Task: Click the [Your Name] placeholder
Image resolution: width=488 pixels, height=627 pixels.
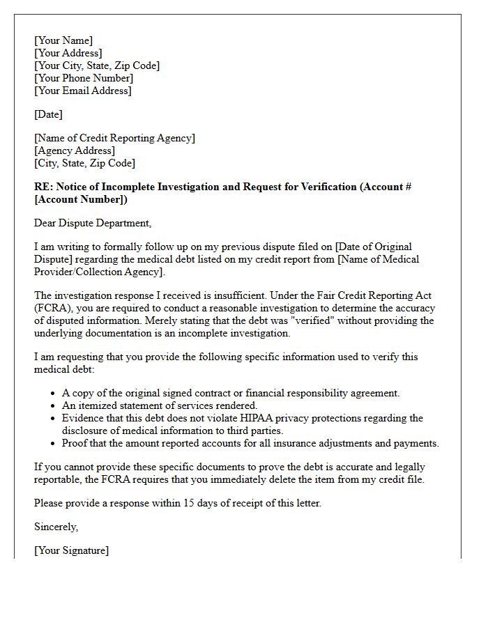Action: (63, 40)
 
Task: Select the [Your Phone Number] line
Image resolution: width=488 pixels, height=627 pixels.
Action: (84, 78)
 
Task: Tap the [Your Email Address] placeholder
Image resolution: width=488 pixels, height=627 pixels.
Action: (82, 91)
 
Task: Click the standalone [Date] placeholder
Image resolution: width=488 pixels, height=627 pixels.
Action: (48, 114)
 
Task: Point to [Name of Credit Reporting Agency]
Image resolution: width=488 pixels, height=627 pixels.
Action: (114, 138)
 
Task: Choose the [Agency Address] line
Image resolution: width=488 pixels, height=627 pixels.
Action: (75, 150)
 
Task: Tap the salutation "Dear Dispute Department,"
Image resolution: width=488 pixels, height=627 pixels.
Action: (92, 223)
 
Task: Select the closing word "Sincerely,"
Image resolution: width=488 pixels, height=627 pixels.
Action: (56, 527)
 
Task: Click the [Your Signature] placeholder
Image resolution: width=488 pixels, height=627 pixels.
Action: (71, 550)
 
